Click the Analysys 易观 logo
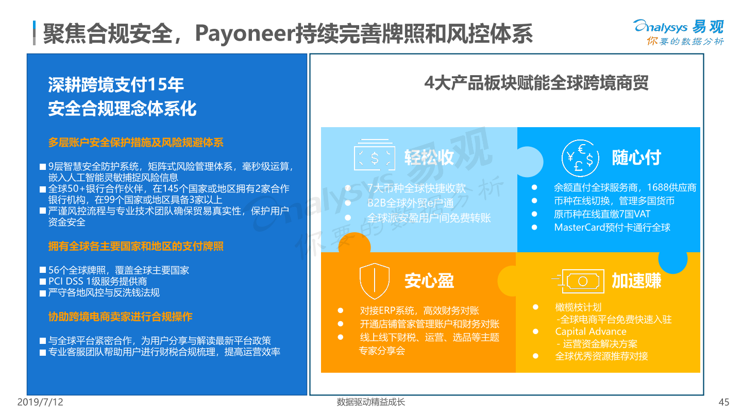pos(679,32)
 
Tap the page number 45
pos(724,402)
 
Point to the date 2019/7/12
pos(40,402)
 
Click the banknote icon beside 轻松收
pos(374,155)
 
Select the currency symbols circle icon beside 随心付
pos(580,158)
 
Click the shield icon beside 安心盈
pos(374,281)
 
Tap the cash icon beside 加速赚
pos(578,281)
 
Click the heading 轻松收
pos(429,157)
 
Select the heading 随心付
pos(636,158)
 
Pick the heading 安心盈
pos(429,281)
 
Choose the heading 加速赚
pos(636,281)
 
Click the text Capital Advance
pos(591,332)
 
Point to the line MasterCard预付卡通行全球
pos(612,228)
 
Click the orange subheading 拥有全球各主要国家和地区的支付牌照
pos(136,246)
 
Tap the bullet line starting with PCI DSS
pos(97,281)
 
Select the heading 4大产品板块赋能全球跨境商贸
pos(536,83)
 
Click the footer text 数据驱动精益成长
pos(370,402)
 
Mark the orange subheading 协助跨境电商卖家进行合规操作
pos(120,317)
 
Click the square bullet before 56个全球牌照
pos(42,270)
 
